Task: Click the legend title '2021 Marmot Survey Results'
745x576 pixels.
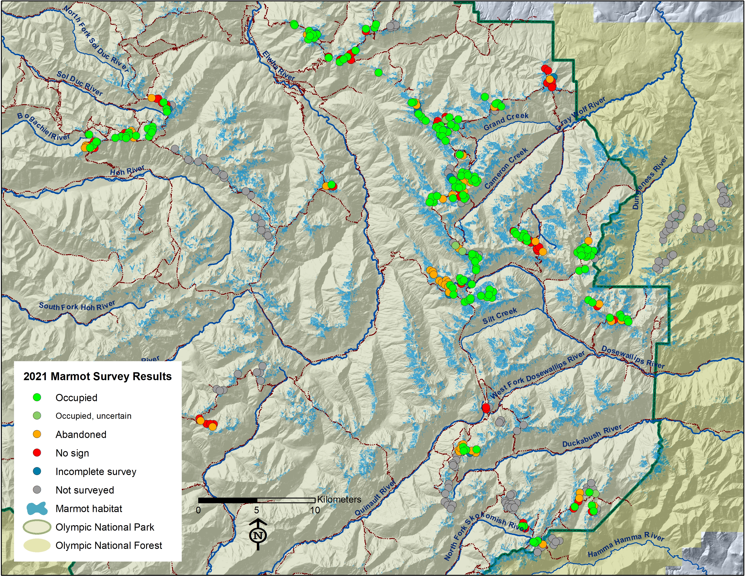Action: [x=97, y=376]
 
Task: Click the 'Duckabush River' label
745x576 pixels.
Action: [x=592, y=436]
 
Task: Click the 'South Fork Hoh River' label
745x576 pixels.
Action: [x=77, y=306]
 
